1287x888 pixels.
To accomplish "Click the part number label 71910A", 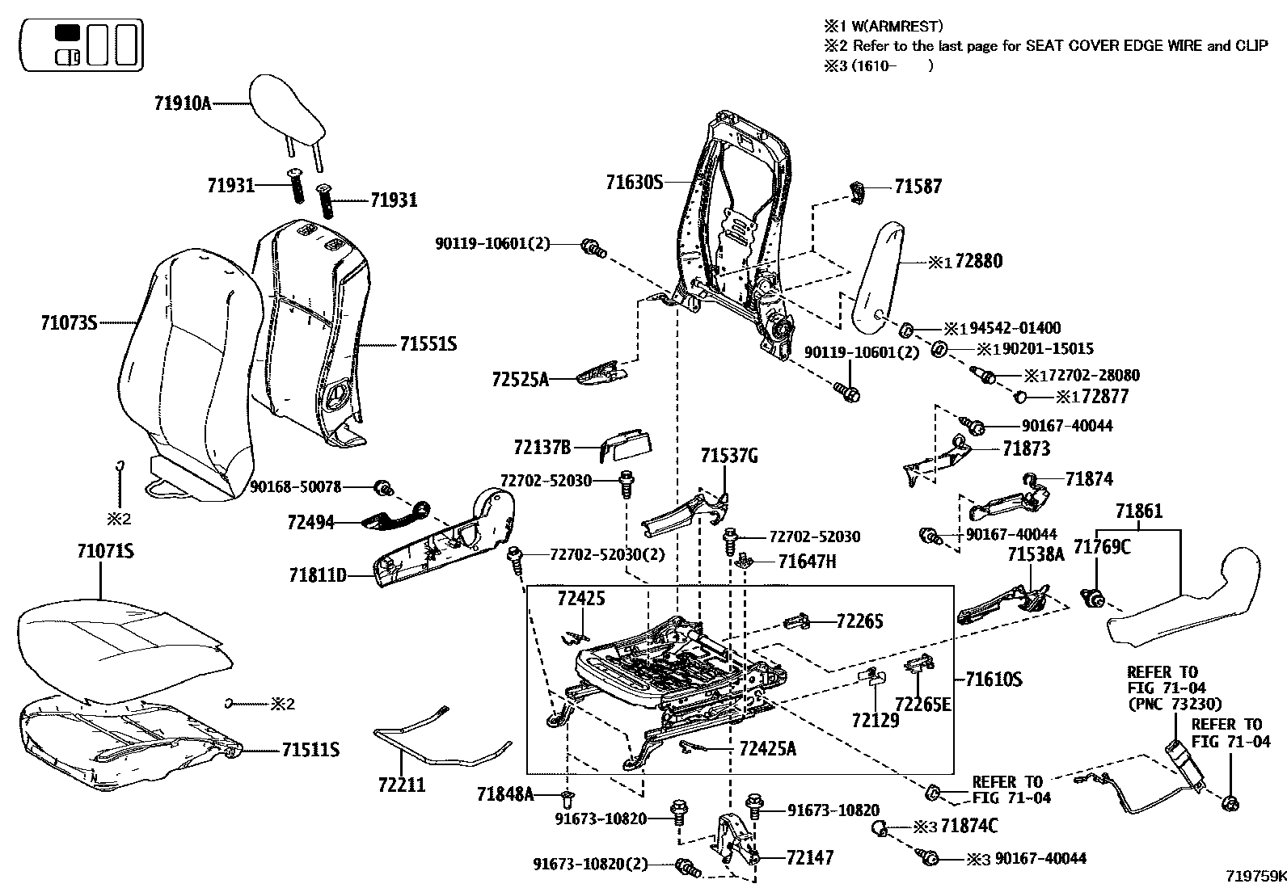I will [x=183, y=103].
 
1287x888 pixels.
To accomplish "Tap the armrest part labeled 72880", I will [x=878, y=279].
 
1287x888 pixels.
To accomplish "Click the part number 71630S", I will [x=634, y=183].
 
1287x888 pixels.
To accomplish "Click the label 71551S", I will [x=428, y=345].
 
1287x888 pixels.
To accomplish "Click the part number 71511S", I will [x=310, y=751].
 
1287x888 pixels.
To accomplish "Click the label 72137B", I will [x=542, y=447].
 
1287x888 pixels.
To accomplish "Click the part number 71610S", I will [x=994, y=680].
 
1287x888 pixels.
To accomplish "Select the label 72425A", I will [x=767, y=749].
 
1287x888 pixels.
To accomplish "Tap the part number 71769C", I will [x=1101, y=548].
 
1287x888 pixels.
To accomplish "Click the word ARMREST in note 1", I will [x=908, y=27].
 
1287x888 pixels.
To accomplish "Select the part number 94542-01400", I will [x=1015, y=328].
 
